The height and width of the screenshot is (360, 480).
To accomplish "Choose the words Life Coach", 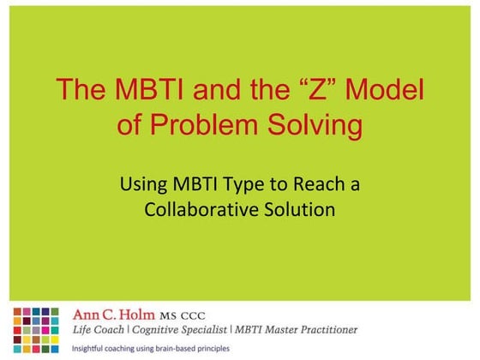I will point(101,329).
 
